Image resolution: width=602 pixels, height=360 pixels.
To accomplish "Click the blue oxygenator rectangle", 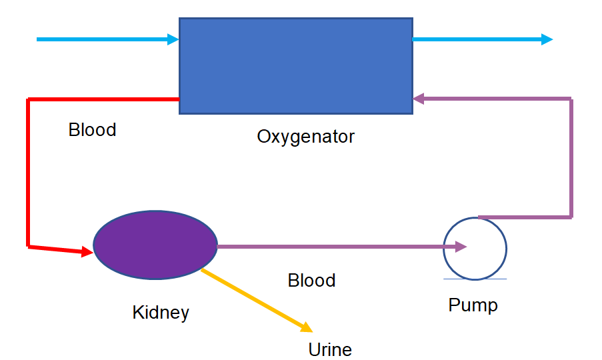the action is point(296,66).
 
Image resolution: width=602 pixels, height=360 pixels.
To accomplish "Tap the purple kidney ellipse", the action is point(155,245).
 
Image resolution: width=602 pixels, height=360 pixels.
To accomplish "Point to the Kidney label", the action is point(161,313).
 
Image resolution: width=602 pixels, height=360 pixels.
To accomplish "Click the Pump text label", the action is point(473,305).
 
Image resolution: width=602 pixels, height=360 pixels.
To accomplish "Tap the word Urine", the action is point(330,349).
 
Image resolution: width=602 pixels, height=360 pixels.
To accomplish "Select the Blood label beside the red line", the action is point(92,130).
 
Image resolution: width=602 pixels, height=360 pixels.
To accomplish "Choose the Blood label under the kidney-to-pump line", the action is point(311,280).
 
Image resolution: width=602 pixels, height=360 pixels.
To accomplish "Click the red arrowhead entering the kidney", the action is point(87,251).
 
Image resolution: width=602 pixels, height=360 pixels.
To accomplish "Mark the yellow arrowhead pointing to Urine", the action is point(307,327).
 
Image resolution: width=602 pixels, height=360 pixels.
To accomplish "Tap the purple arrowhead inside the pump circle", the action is point(461,247).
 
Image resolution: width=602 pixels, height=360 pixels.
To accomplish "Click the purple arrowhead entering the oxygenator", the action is point(418,99).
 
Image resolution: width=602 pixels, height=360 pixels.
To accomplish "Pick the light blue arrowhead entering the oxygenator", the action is point(173,39).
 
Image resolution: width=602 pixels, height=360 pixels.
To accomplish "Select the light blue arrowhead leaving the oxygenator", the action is point(547,39).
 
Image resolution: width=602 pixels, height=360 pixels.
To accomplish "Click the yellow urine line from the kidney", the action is point(257,301).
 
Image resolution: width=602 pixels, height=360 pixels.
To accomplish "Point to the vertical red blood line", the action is point(27,173).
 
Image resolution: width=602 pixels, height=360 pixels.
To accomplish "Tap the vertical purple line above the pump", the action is point(571,158).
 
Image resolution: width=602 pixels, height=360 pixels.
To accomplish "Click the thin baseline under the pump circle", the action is point(475,279).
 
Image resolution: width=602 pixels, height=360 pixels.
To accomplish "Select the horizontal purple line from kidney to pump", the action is point(342,247).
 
